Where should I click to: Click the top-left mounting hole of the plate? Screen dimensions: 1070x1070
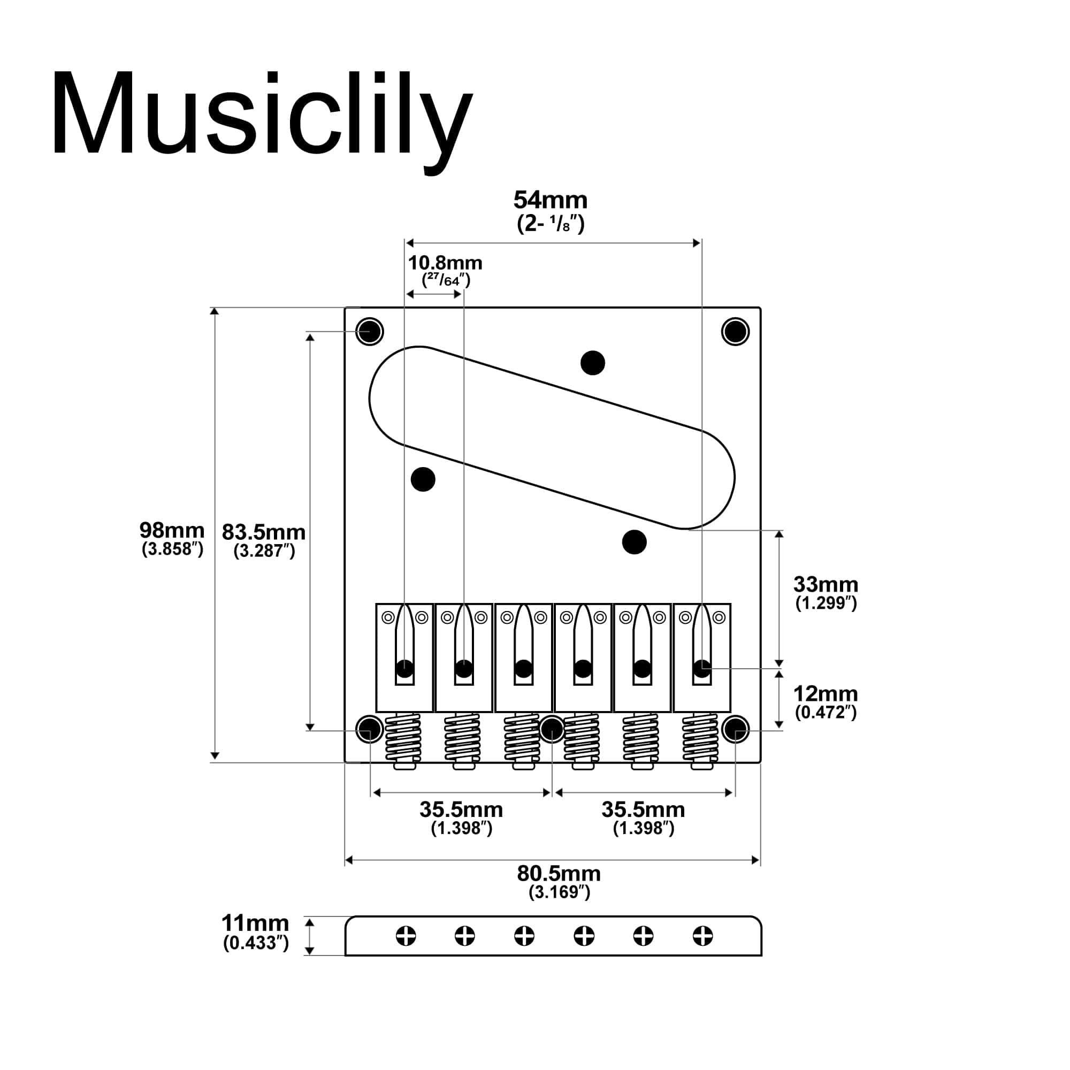tap(369, 332)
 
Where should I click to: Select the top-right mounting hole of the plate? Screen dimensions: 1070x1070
tap(736, 332)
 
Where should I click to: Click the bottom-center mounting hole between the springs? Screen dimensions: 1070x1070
tap(552, 729)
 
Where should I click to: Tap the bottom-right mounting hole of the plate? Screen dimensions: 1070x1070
tap(736, 729)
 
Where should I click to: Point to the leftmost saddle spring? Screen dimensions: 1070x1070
tap(403, 738)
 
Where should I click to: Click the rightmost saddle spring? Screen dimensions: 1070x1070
tap(700, 738)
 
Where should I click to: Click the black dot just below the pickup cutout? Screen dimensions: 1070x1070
tap(634, 541)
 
